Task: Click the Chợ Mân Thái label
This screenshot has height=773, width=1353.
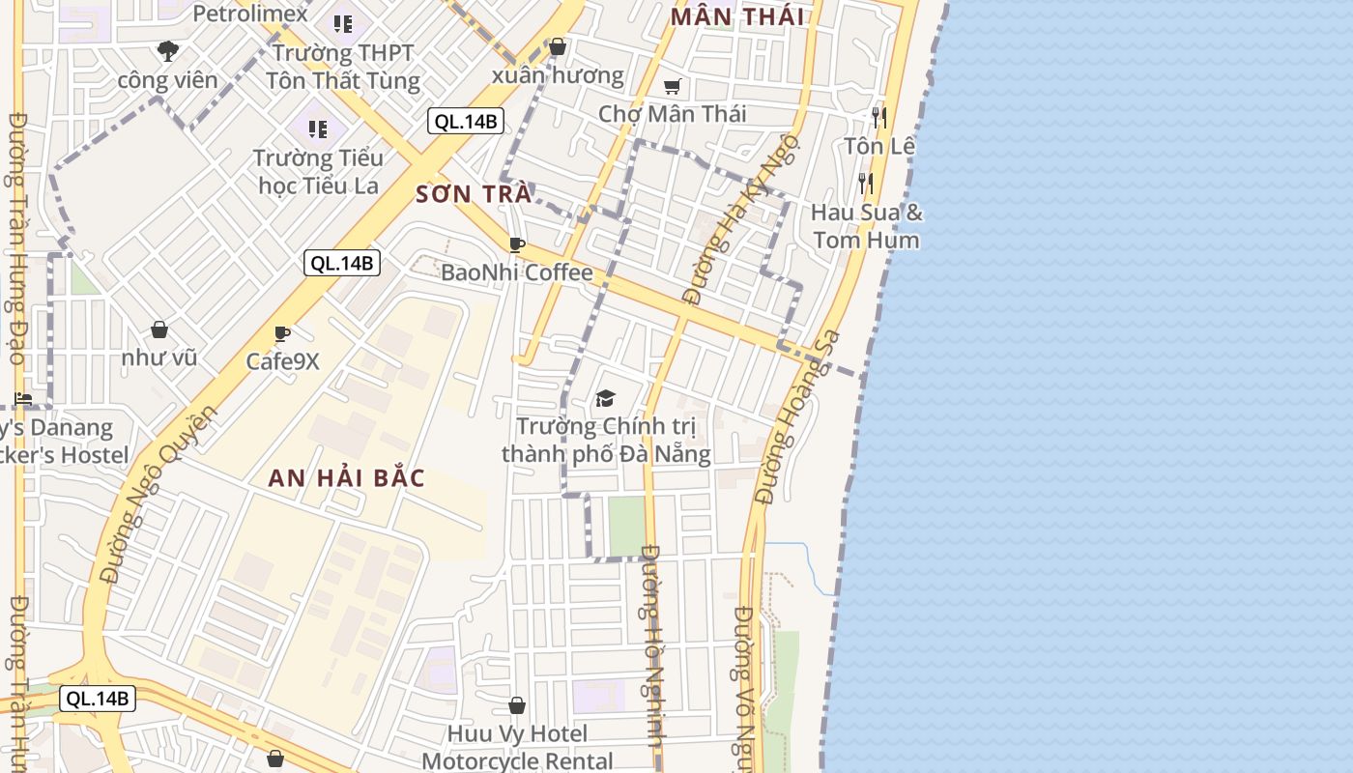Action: (x=672, y=114)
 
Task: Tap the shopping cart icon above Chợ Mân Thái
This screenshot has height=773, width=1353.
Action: (x=673, y=87)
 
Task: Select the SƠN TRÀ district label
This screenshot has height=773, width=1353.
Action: (x=473, y=194)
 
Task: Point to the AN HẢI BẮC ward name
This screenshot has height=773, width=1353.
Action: (x=346, y=478)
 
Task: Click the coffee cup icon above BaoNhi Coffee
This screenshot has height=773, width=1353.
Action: (x=517, y=244)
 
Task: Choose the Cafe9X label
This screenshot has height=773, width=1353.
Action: (x=282, y=361)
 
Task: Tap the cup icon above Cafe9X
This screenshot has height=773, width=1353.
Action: (x=282, y=334)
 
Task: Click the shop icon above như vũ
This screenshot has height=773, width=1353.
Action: (x=159, y=330)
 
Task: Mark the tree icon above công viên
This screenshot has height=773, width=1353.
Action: (x=168, y=50)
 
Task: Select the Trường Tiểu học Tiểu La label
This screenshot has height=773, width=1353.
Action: (x=318, y=171)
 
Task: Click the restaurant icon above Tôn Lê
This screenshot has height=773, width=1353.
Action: (x=878, y=118)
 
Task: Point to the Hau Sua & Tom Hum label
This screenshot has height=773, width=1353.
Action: (x=866, y=225)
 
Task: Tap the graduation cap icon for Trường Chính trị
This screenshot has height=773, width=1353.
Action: (x=606, y=398)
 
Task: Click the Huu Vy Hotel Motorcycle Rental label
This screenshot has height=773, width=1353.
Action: (x=517, y=748)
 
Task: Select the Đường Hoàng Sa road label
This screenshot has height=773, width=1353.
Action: (x=799, y=417)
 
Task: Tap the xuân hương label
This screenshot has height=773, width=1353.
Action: (x=558, y=75)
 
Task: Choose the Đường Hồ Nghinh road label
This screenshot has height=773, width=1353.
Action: (x=653, y=657)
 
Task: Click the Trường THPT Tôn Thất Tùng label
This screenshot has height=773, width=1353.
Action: (x=344, y=67)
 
